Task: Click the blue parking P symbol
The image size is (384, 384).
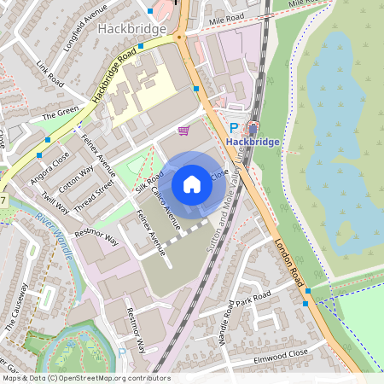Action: (x=233, y=125)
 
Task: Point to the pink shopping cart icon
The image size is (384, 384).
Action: (x=183, y=130)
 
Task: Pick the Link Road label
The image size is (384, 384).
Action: (x=51, y=74)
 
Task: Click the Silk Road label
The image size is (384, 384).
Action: (x=148, y=181)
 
